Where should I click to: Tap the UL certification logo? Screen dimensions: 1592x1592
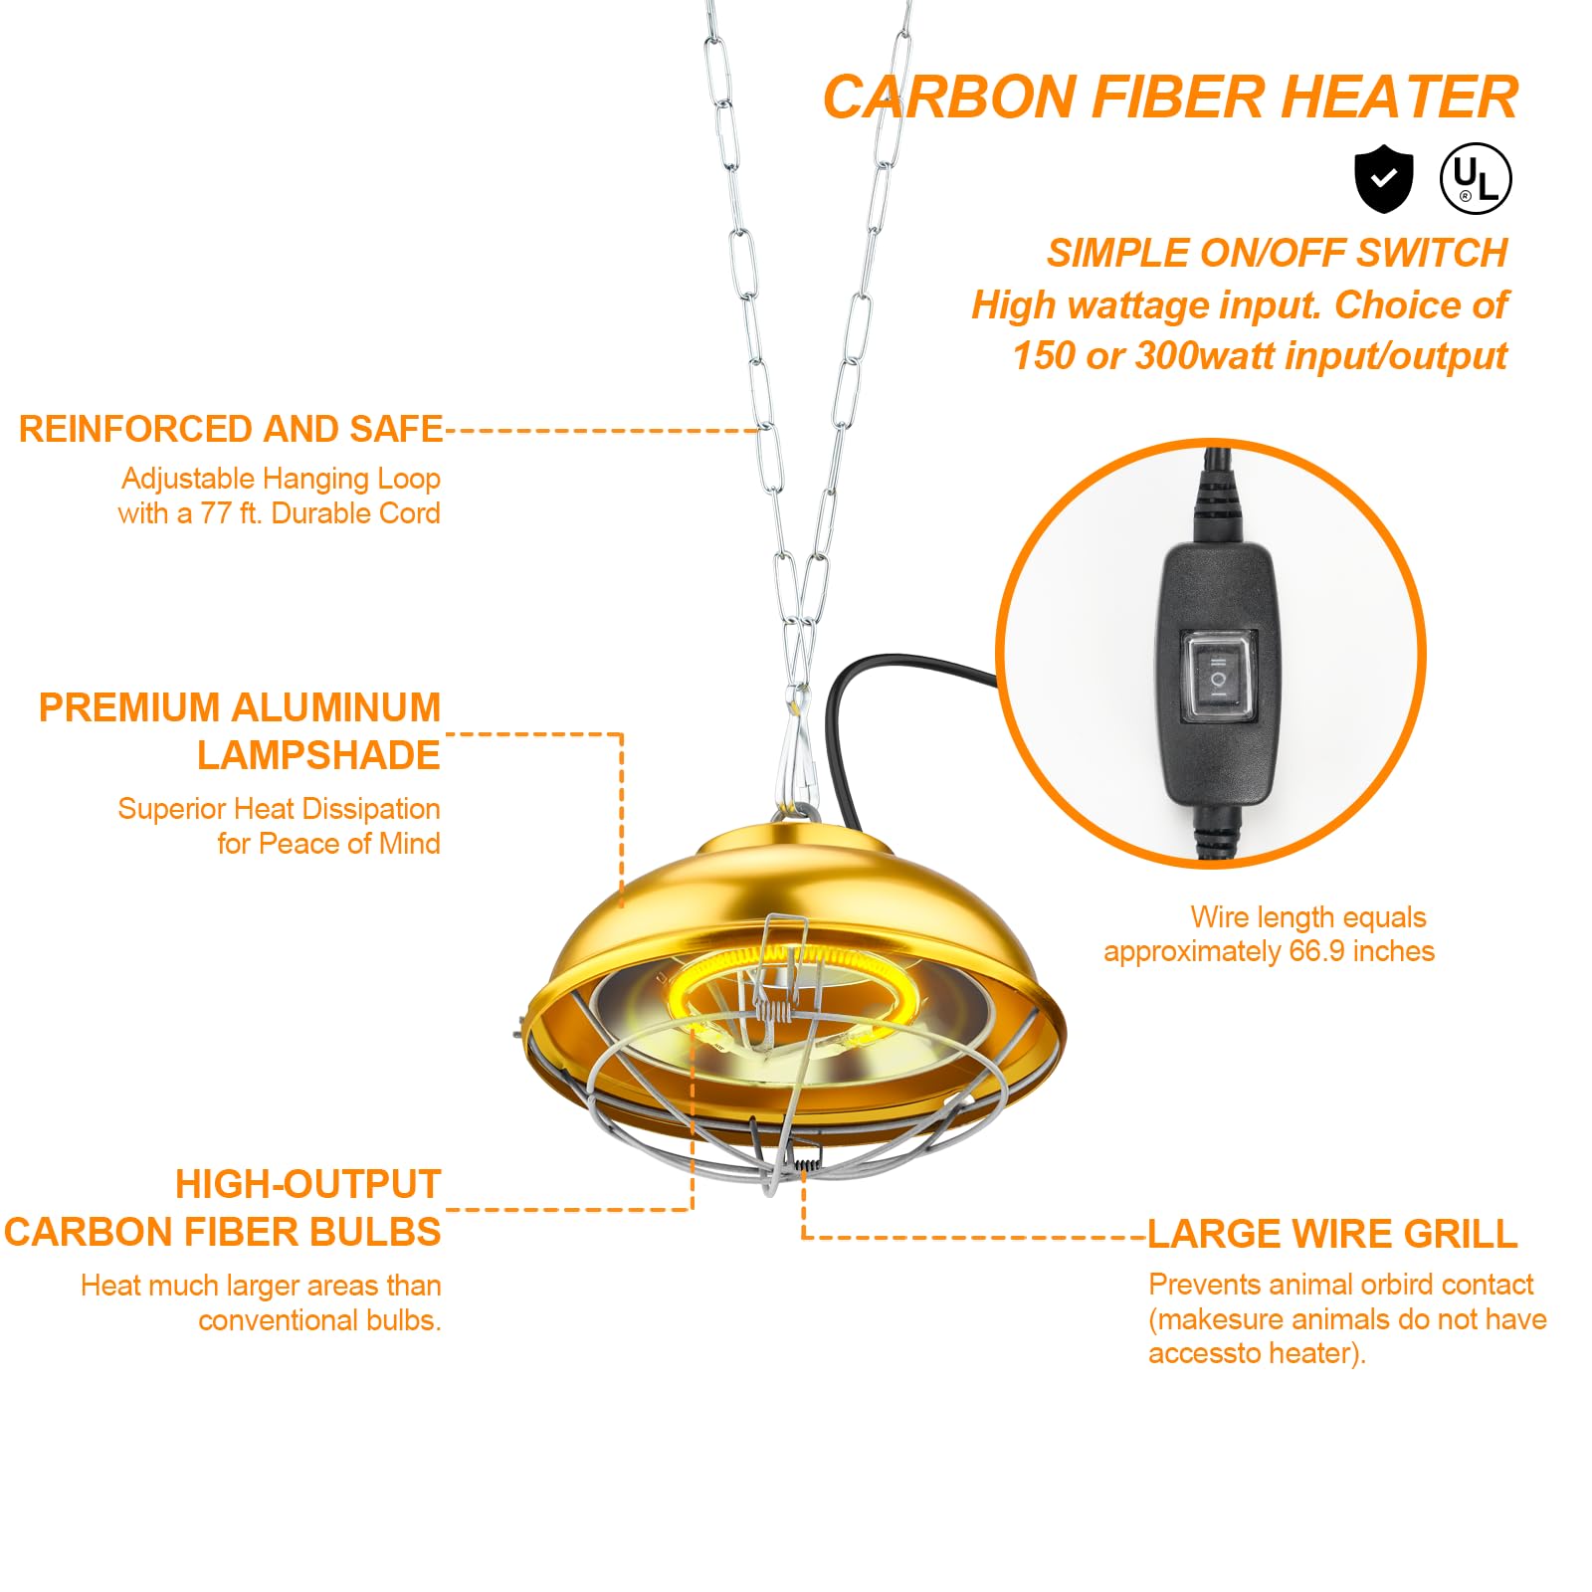point(1476,179)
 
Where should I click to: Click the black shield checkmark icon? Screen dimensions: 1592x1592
point(1383,179)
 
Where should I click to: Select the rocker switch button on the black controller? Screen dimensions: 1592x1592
point(1218,677)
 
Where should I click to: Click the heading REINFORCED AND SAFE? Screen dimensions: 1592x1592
point(231,429)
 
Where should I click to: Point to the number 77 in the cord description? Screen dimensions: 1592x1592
point(216,513)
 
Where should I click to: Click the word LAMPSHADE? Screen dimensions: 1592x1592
point(318,755)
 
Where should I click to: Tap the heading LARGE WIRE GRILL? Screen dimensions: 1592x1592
point(1332,1234)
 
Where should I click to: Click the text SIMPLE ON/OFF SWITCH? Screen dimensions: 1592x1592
point(1277,253)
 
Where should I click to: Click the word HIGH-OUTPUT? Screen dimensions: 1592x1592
point(307,1184)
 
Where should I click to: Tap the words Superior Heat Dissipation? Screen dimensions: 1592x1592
point(279,809)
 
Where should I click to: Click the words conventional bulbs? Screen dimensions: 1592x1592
point(318,1320)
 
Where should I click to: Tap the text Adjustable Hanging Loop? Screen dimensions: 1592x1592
point(281,479)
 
